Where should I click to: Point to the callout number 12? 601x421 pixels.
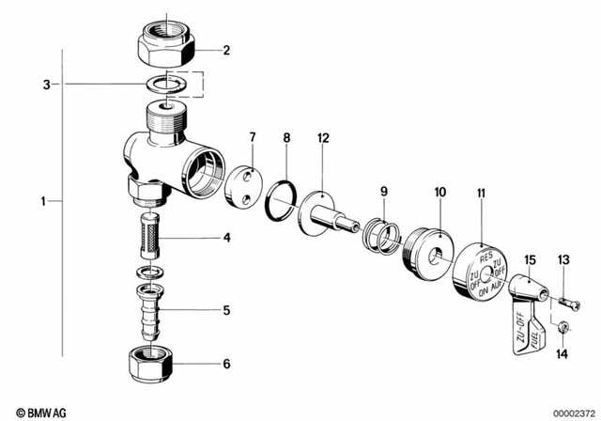pyautogui.click(x=323, y=138)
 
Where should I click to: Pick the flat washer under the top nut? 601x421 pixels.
pyautogui.click(x=166, y=84)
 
